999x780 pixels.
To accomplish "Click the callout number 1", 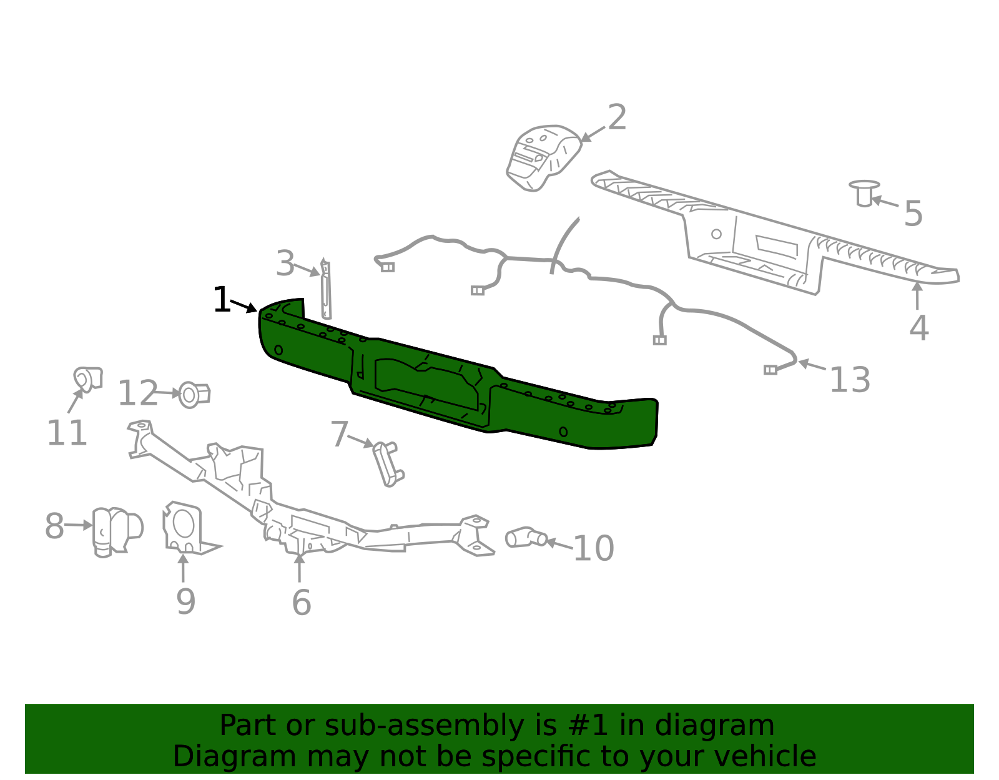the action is click(x=222, y=300).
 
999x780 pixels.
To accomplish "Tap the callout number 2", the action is click(x=616, y=117).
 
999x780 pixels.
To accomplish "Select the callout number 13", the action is click(x=850, y=380).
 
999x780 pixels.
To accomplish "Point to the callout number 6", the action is click(x=302, y=602).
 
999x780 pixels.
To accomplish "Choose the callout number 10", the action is click(x=594, y=548).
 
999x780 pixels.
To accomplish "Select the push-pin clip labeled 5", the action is click(x=864, y=193).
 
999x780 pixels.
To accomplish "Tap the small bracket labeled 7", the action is click(x=389, y=464).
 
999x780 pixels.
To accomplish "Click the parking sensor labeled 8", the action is click(x=117, y=532).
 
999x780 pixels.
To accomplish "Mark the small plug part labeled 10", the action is click(x=526, y=537).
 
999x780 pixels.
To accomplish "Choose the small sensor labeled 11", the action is click(x=88, y=380).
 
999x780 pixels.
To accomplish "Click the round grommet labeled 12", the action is click(x=194, y=395).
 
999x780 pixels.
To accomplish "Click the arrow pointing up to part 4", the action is click(x=917, y=295).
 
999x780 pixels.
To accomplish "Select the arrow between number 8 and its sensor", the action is click(x=79, y=525).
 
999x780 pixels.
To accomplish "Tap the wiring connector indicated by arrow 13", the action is click(x=770, y=370).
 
